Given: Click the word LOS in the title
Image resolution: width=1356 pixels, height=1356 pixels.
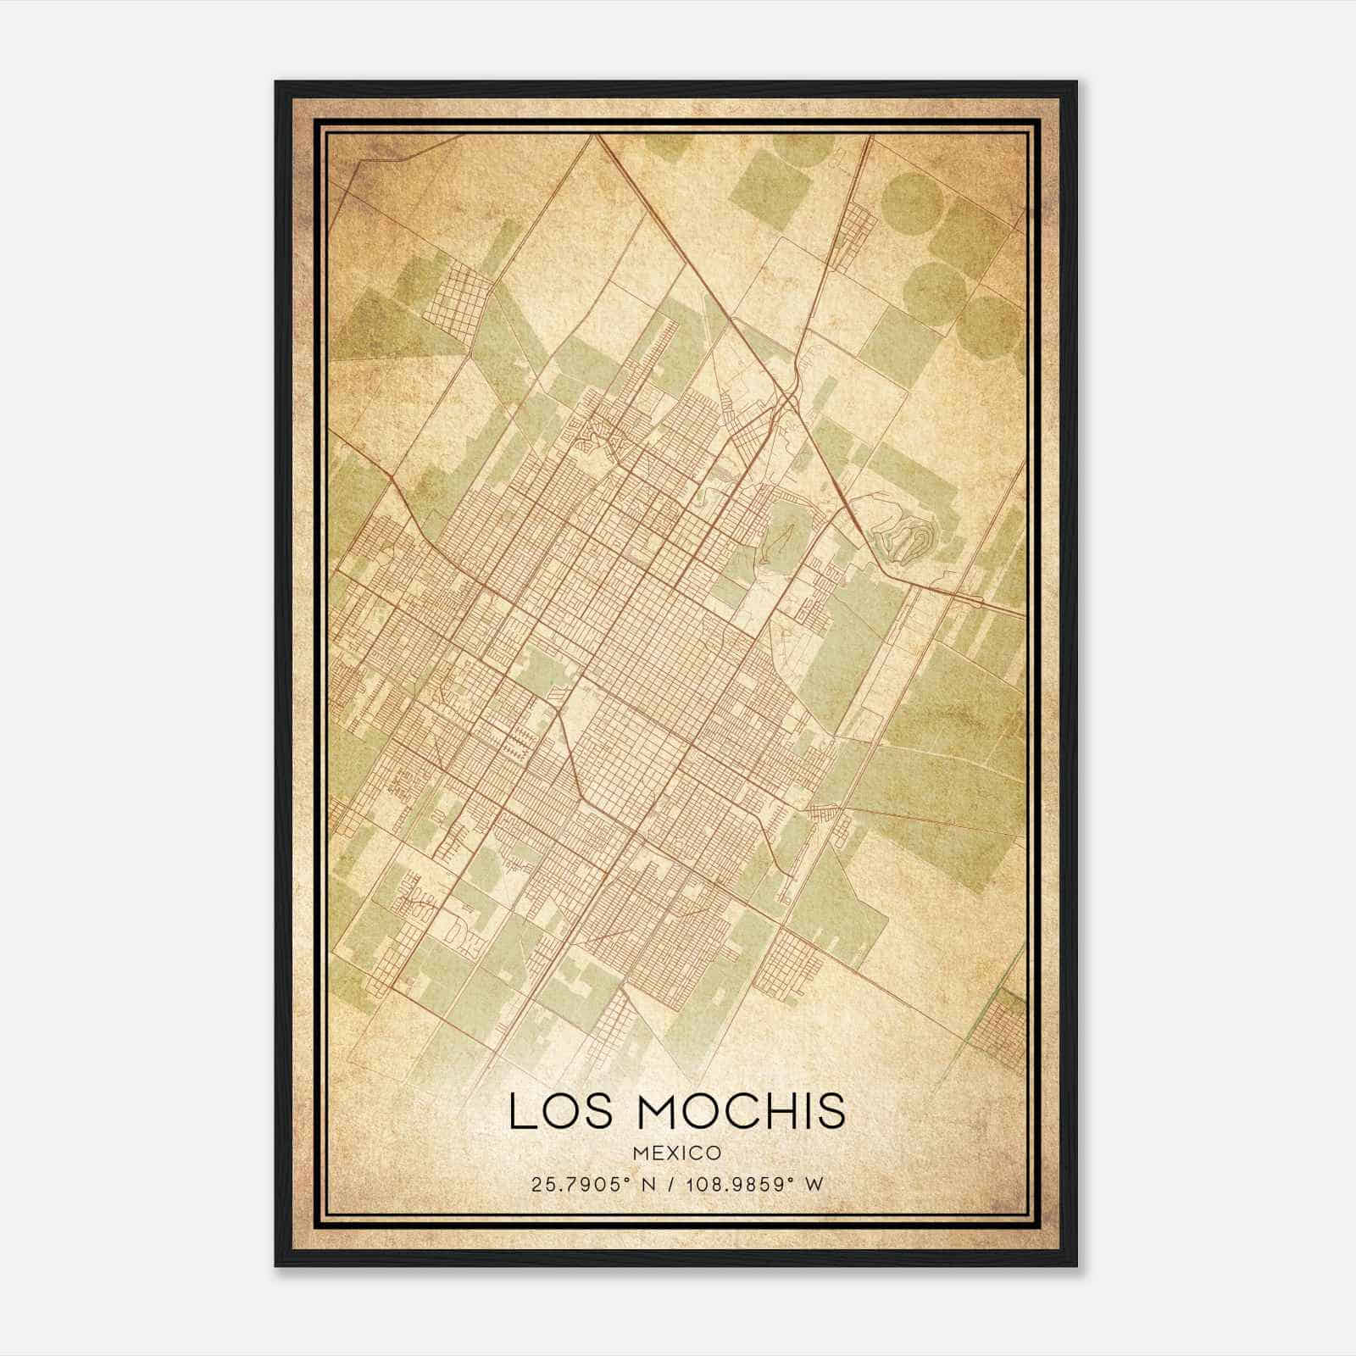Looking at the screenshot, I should click(x=550, y=1111).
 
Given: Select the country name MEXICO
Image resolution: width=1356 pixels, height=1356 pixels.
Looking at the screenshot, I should click(x=677, y=1153).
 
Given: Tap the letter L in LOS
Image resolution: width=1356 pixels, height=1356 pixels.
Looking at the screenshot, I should click(x=521, y=1111).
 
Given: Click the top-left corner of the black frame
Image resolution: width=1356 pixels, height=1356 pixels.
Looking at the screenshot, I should click(x=276, y=82).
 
